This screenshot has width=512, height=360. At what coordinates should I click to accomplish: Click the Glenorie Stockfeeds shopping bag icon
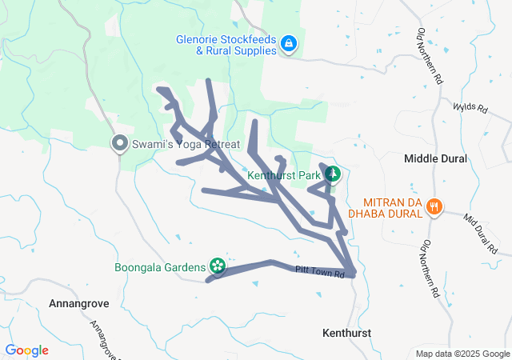[x=288, y=45]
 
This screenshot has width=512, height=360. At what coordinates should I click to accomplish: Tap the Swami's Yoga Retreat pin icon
[x=120, y=143]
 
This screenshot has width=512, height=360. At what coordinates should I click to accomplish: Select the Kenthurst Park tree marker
[x=332, y=174]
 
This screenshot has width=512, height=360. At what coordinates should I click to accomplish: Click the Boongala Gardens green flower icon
[x=216, y=266]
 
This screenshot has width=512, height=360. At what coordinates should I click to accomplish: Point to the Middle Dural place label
[x=435, y=158]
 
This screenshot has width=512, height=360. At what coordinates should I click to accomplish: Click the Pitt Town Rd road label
[x=318, y=272]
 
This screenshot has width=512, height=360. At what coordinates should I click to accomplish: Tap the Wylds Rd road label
[x=470, y=107]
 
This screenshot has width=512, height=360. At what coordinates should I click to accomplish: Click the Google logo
[x=26, y=350]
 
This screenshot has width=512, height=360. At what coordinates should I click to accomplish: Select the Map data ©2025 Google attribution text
[x=462, y=354]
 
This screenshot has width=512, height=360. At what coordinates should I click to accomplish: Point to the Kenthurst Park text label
[x=284, y=174]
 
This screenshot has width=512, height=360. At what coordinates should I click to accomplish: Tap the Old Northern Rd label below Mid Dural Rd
[x=430, y=268]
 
